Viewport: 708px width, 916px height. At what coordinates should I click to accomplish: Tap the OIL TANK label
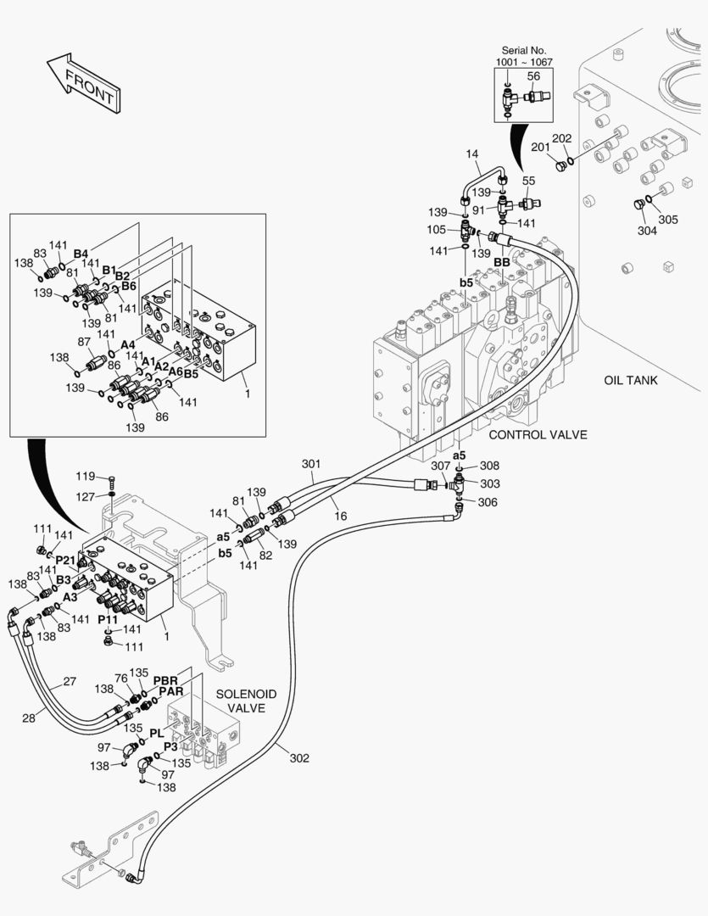click(x=630, y=380)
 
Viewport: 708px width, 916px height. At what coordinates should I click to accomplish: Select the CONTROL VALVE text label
click(x=538, y=435)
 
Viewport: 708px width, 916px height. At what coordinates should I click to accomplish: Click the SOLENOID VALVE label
click(x=246, y=701)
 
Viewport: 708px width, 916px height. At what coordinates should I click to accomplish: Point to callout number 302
click(x=299, y=758)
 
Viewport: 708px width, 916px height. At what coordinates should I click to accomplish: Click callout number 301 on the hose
click(x=311, y=464)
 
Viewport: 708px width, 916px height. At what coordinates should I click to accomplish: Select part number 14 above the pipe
click(x=472, y=154)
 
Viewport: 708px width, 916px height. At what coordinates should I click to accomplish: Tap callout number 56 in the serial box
click(x=533, y=76)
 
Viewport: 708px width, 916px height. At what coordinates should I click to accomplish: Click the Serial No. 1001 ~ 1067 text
click(x=523, y=57)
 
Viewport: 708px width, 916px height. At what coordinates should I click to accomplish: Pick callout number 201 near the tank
click(x=540, y=148)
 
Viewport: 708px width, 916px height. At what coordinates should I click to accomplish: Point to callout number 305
click(x=668, y=220)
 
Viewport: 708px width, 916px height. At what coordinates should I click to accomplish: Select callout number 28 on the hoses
click(x=29, y=718)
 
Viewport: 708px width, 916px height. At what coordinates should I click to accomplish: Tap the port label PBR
click(x=164, y=680)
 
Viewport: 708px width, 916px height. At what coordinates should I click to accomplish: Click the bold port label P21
click(x=65, y=560)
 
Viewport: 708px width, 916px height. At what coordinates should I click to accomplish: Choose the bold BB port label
click(x=502, y=263)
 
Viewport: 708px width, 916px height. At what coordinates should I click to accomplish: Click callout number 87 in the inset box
click(x=84, y=342)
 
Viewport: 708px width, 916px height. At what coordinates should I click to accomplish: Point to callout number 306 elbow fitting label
click(x=487, y=502)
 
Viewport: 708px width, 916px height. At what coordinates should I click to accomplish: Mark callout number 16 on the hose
click(x=339, y=515)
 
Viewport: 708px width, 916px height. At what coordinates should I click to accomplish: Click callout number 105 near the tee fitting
click(x=436, y=230)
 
